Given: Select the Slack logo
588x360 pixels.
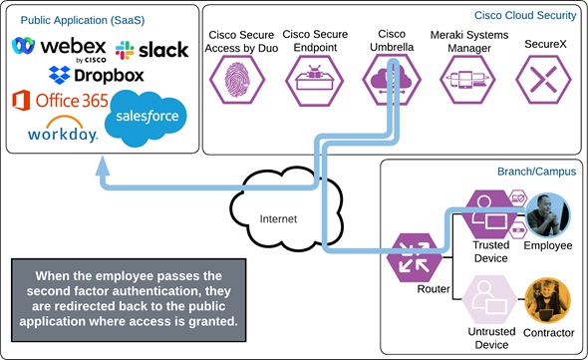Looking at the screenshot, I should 151,49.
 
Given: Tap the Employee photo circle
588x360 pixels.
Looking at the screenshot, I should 546,213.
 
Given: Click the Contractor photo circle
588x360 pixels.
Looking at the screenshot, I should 546,298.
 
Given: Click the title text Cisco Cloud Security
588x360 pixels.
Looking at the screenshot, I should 524,15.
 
